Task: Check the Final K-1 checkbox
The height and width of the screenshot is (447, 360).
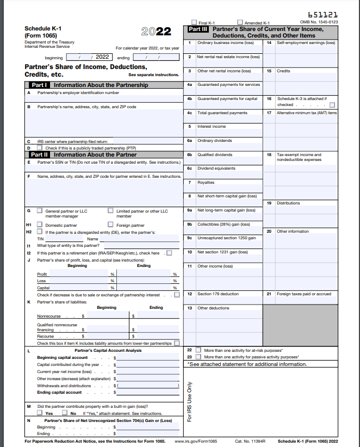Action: pyautogui.click(x=194, y=22)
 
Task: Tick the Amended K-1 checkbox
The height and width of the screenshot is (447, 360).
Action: pyautogui.click(x=240, y=22)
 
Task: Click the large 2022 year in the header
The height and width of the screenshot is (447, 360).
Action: pyautogui.click(x=156, y=32)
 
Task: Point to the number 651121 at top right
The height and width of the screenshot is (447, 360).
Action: pyautogui.click(x=322, y=15)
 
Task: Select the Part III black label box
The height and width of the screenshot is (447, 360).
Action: pyautogui.click(x=197, y=29)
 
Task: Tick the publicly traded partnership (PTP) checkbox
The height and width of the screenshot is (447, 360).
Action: pyautogui.click(x=39, y=148)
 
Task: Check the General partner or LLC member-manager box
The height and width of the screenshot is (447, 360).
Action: pyautogui.click(x=39, y=211)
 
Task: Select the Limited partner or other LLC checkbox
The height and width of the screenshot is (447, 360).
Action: pyautogui.click(x=110, y=211)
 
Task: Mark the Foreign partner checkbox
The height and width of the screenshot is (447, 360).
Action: pyautogui.click(x=110, y=225)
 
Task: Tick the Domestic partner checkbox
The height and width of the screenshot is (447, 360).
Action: pyautogui.click(x=39, y=225)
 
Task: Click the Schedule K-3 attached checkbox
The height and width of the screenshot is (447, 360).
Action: pyautogui.click(x=332, y=105)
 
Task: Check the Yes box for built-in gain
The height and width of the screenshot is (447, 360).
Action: pyautogui.click(x=39, y=413)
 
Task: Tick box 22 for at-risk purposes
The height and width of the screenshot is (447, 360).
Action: pyautogui.click(x=198, y=350)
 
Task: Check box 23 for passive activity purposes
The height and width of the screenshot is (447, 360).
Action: pyautogui.click(x=198, y=357)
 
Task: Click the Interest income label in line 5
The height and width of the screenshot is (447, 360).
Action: pyautogui.click(x=211, y=127)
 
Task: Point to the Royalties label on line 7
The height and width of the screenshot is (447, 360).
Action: pyautogui.click(x=206, y=183)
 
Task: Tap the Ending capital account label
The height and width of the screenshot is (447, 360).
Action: pyautogui.click(x=59, y=392)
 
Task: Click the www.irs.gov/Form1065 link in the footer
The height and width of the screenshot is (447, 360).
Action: pyautogui.click(x=196, y=441)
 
